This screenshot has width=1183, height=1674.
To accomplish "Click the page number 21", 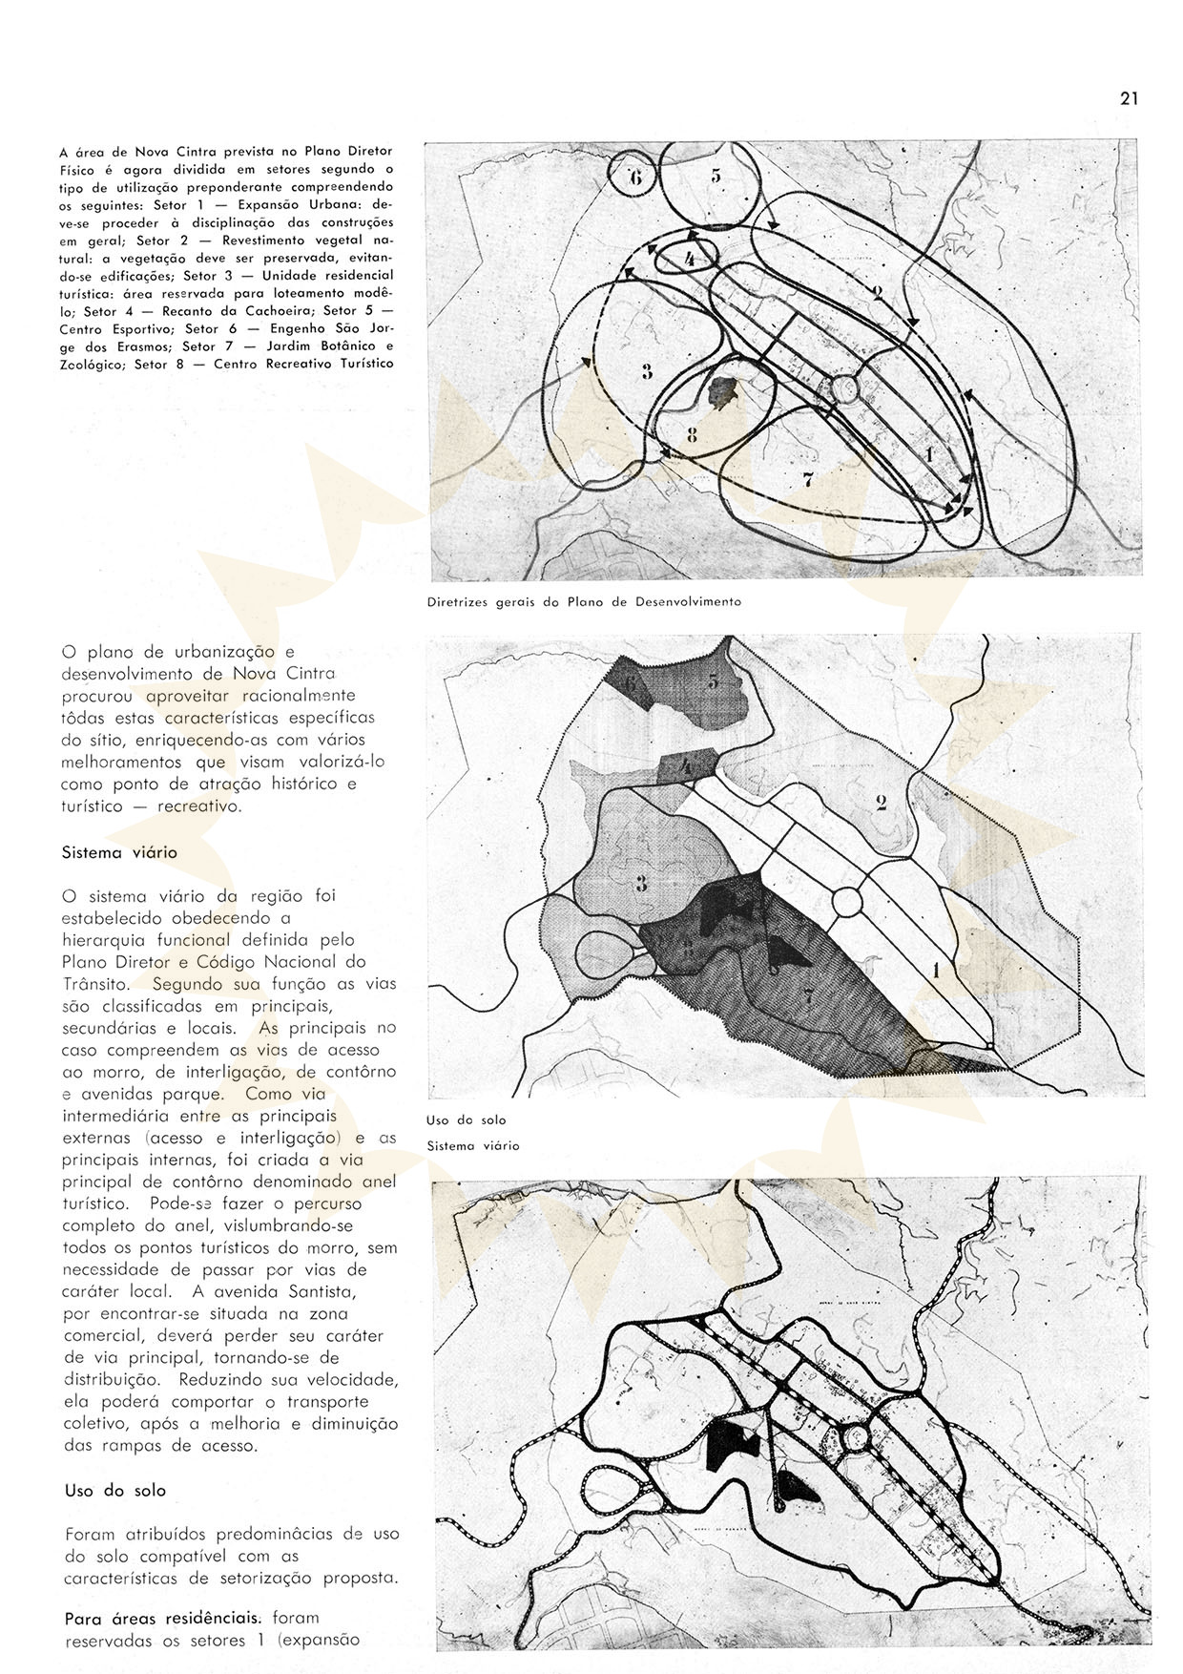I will point(1130,97).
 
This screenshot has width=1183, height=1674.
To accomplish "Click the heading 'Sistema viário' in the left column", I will point(119,852).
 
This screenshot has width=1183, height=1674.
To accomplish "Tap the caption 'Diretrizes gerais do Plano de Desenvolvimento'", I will point(584,602).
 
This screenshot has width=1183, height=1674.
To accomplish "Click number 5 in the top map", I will point(716,175).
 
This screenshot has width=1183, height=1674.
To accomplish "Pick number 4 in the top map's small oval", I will point(690,259).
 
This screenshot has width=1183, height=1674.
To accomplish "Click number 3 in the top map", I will point(647,371).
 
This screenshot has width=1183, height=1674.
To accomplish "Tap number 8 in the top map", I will point(692,435).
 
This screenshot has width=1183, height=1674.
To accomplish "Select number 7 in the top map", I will point(807,480).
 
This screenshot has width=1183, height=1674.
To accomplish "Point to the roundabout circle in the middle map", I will point(847,902).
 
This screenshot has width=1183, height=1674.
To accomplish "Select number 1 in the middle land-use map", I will point(936,971).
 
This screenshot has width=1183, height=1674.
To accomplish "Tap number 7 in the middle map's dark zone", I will point(808,998).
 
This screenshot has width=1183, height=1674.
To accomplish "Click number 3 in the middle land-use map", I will point(641,883).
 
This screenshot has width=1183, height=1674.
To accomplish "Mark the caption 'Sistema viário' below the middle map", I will point(472,1145).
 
